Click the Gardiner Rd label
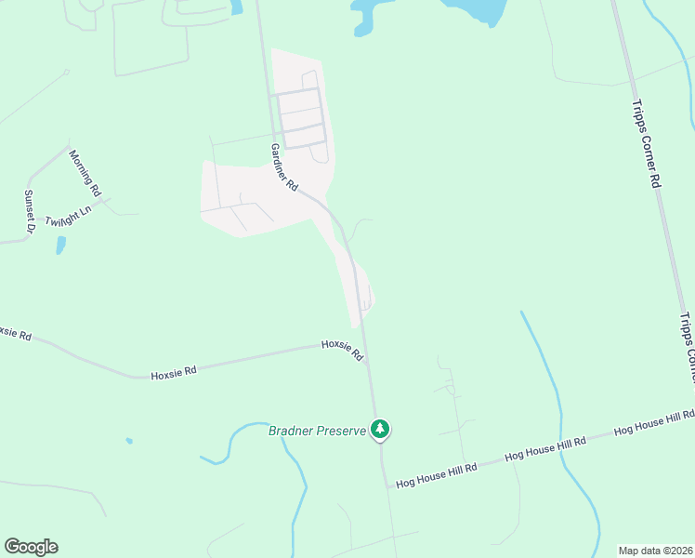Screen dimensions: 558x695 point(284,167)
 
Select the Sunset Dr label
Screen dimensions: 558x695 point(29,212)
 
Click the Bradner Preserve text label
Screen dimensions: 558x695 point(317,431)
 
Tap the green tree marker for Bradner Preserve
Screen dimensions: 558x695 point(379,429)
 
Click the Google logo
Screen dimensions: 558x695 point(31,547)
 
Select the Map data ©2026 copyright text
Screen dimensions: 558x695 point(656,550)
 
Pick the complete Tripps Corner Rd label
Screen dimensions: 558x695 point(645,143)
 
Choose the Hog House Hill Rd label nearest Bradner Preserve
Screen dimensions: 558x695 point(436,474)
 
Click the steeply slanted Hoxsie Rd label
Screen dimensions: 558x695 point(342,351)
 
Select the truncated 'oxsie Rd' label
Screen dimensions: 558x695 point(16,332)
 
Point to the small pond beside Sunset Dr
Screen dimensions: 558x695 point(60,246)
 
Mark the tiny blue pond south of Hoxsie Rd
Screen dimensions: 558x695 point(128,441)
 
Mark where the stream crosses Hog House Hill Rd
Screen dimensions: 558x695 point(569,444)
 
